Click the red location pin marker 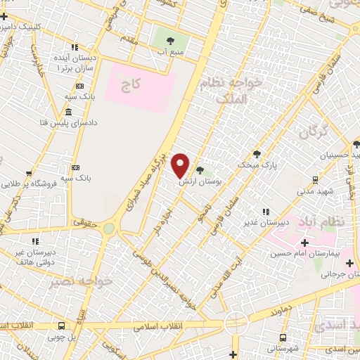coord(181,165)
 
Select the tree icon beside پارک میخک coord(257,154)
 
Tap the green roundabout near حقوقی coord(108,228)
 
